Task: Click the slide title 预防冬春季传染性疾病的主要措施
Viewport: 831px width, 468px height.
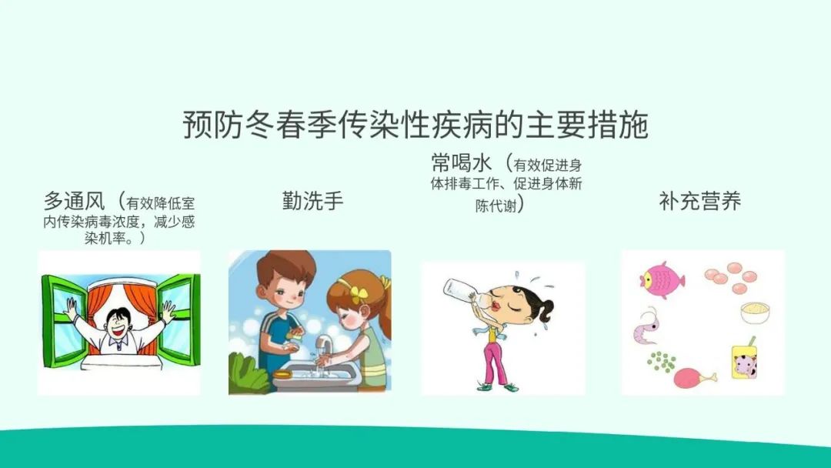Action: [x=415, y=125]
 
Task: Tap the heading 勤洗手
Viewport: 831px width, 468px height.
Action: [x=312, y=201]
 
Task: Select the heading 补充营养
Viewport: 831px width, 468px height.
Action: [x=699, y=201]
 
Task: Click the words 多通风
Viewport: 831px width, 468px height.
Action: [x=74, y=201]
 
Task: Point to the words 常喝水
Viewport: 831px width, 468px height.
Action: [x=462, y=162]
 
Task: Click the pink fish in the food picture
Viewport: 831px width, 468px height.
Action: [x=662, y=279]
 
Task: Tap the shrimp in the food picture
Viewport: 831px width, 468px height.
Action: [x=647, y=325]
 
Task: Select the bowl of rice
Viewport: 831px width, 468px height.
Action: [x=755, y=313]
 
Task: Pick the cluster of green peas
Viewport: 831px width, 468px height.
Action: [x=662, y=362]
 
